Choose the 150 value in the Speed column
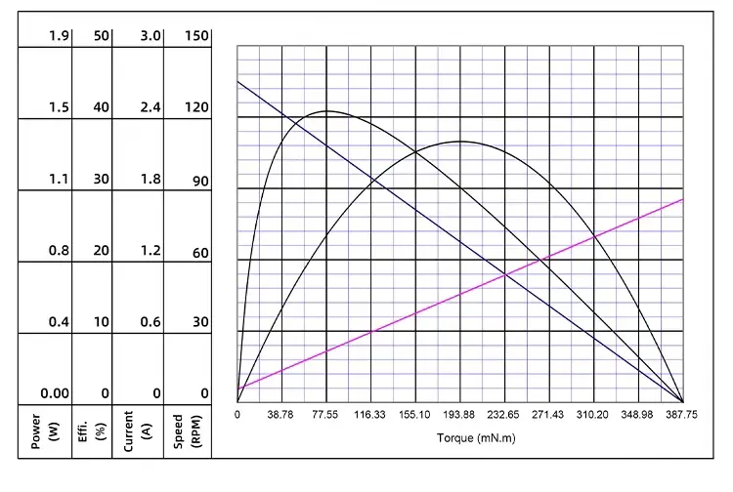pyautogui.click(x=196, y=36)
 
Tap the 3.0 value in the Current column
pyautogui.click(x=149, y=36)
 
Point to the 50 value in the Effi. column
pyautogui.click(x=102, y=36)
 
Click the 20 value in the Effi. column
pyautogui.click(x=102, y=251)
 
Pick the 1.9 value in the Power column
pyautogui.click(x=58, y=36)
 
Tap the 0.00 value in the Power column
pyautogui.click(x=55, y=393)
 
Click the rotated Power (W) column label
pyautogui.click(x=43, y=430)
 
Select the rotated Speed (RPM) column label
pyautogui.click(x=187, y=430)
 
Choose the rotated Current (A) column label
pyautogui.click(x=137, y=430)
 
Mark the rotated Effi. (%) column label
pyautogui.click(x=90, y=430)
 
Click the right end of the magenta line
pyautogui.click(x=682, y=199)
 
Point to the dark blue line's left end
pyautogui.click(x=238, y=81)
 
